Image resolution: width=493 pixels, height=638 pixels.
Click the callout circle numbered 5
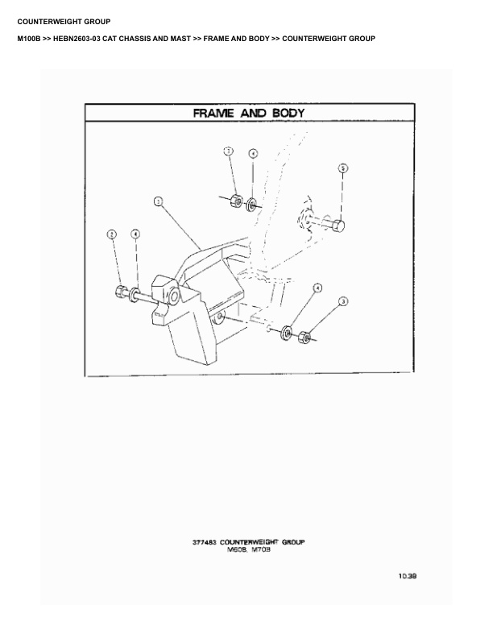click(342, 168)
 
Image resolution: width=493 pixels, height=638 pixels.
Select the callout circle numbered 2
click(112, 234)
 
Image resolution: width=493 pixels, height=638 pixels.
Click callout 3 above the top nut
click(229, 151)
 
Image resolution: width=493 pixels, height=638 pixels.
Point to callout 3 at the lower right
click(343, 301)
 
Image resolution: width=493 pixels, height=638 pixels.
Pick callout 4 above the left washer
click(135, 234)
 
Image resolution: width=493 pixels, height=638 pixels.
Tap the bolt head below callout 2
click(120, 292)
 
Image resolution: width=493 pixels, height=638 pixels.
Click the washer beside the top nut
click(251, 202)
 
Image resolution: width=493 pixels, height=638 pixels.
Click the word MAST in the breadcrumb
click(199, 39)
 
